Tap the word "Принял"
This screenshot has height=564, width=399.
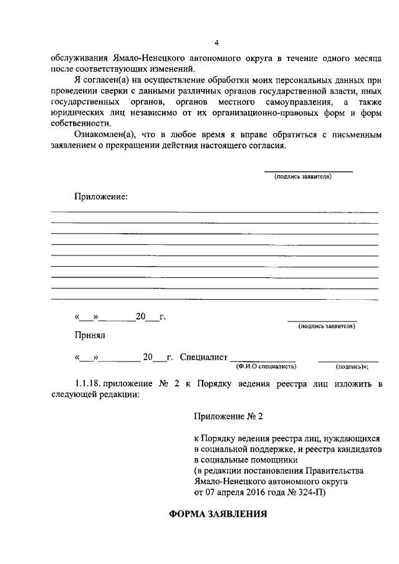[90, 335]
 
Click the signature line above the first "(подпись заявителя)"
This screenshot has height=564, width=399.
[309, 171]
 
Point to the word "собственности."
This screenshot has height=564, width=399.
[81, 123]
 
